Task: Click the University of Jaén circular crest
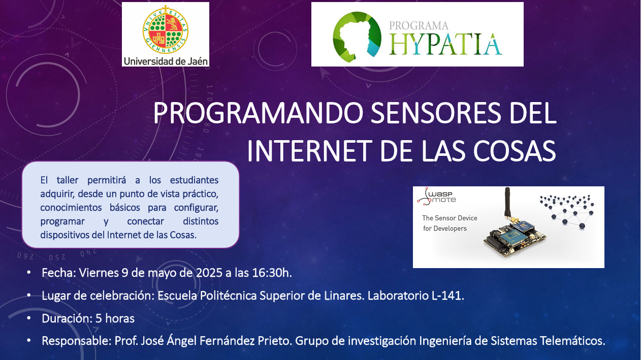(x=166, y=30)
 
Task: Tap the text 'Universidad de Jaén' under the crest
(x=166, y=61)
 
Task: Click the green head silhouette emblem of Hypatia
(x=357, y=37)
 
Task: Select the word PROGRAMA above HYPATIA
(x=419, y=26)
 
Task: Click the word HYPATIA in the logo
(x=445, y=44)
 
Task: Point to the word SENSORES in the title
(x=436, y=113)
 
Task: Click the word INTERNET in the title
(x=309, y=151)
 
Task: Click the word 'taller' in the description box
(x=67, y=180)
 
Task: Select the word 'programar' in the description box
(x=62, y=221)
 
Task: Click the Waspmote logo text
(x=437, y=197)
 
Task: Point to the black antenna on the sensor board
(x=507, y=203)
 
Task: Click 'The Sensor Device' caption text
(x=450, y=218)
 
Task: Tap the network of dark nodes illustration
(x=567, y=211)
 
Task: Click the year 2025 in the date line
(x=209, y=273)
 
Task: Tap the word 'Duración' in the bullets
(x=67, y=318)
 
